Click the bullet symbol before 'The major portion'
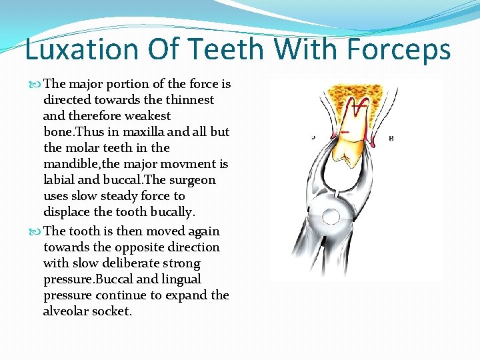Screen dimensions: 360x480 [x=37, y=84]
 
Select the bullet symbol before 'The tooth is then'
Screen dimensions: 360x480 [x=37, y=231]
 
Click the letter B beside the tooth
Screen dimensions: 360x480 [x=391, y=138]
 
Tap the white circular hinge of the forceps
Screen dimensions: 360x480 [x=330, y=215]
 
